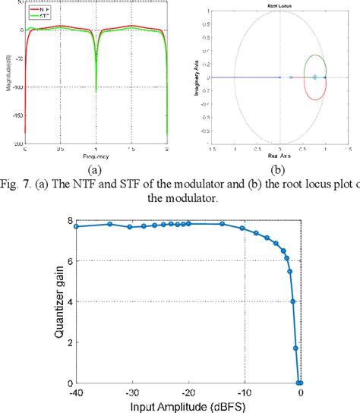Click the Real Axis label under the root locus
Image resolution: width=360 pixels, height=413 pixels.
[x=280, y=157]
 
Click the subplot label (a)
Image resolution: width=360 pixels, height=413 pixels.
[x=96, y=171]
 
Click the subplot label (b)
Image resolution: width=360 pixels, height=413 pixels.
[x=280, y=171]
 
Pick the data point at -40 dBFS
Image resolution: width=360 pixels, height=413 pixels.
[x=75, y=226]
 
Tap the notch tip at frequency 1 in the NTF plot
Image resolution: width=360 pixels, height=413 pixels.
[x=96, y=92]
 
